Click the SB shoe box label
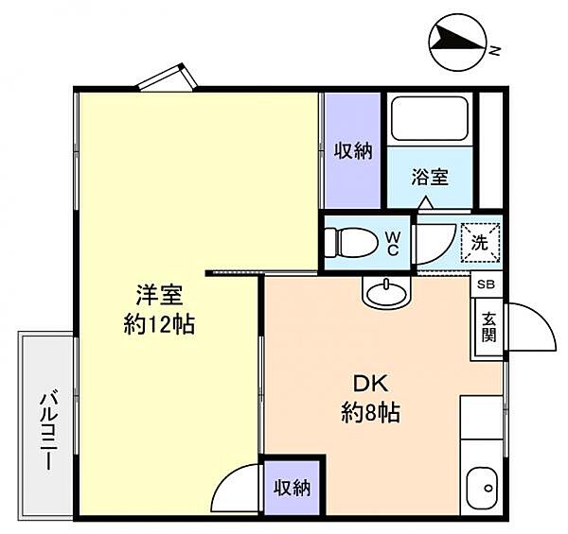(x=486, y=284)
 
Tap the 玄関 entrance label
(x=488, y=328)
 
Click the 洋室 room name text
(x=158, y=294)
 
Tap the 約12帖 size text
(x=158, y=326)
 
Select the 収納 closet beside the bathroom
(x=352, y=151)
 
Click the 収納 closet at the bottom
(x=293, y=488)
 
